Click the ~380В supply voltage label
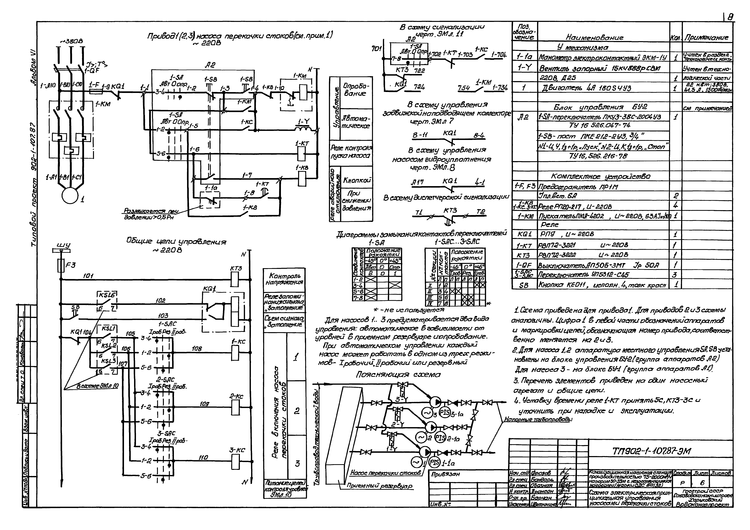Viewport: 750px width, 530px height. point(72,41)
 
